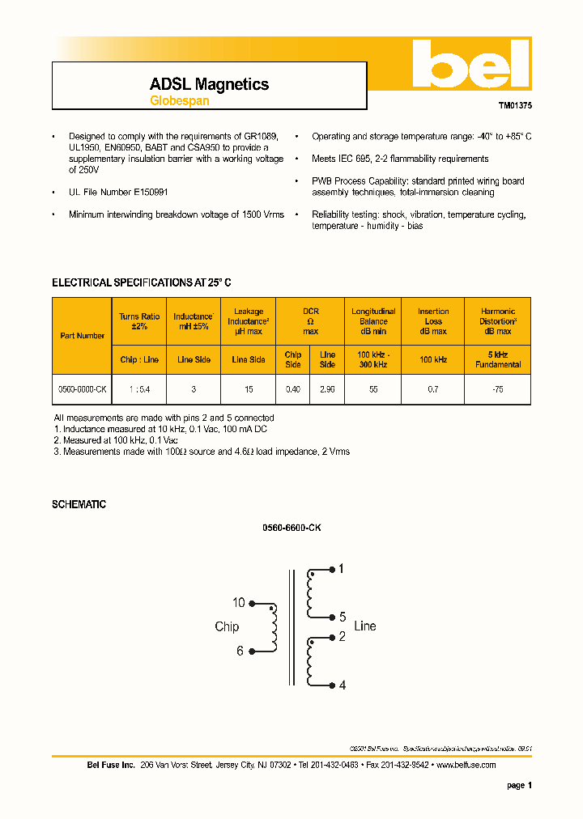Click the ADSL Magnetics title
tap(209, 84)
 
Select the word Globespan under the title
tap(179, 101)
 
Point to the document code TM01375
tap(514, 105)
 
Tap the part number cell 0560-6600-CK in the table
tap(82, 389)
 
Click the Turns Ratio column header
tap(139, 320)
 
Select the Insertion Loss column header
tap(433, 320)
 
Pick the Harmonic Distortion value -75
tap(497, 389)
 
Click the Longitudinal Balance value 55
tap(373, 389)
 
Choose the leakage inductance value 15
tap(249, 389)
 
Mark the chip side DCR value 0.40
tap(293, 389)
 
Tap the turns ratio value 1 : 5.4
tap(139, 389)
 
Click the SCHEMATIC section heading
tap(79, 504)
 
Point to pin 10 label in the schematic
tap(238, 603)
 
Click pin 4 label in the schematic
tap(343, 685)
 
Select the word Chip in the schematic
tap(227, 626)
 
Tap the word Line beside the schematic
tap(365, 626)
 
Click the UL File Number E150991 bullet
tap(118, 192)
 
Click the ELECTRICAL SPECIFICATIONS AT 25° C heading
tap(142, 282)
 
